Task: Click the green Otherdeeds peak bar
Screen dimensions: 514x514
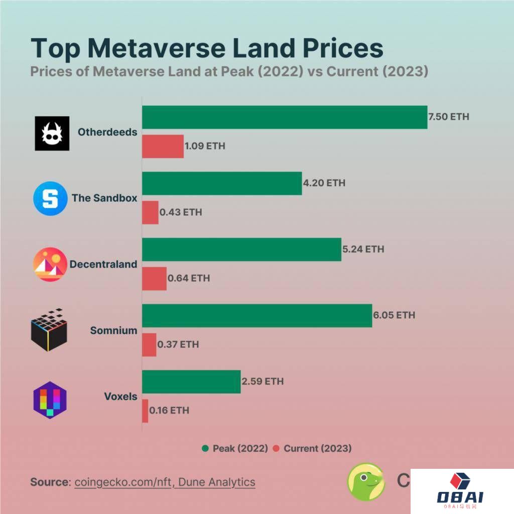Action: click(x=285, y=117)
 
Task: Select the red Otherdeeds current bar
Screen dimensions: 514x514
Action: click(x=163, y=147)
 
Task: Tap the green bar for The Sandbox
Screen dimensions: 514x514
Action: click(x=222, y=183)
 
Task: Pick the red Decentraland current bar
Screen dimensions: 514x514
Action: click(x=154, y=279)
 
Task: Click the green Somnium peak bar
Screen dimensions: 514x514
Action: click(x=257, y=316)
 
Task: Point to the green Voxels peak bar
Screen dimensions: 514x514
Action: click(x=191, y=381)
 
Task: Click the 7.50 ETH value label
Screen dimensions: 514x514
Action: click(x=449, y=117)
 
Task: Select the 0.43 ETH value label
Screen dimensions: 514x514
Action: click(x=181, y=212)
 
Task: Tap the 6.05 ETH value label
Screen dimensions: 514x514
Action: click(x=395, y=315)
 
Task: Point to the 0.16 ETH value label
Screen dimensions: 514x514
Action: click(x=169, y=411)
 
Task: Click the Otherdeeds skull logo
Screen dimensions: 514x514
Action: click(x=52, y=133)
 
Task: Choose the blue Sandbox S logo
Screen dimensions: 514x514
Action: click(x=50, y=198)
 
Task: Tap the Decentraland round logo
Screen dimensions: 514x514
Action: click(x=50, y=264)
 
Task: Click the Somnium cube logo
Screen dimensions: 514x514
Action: click(x=49, y=330)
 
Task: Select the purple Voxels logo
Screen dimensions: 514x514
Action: click(x=50, y=400)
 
